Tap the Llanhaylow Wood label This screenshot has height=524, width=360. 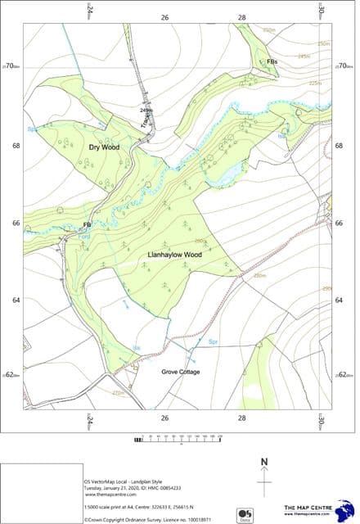pyautogui.click(x=174, y=255)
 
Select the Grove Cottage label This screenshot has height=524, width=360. pyautogui.click(x=180, y=372)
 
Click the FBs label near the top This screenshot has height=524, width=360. pyautogui.click(x=272, y=61)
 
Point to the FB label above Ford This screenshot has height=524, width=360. pyautogui.click(x=87, y=224)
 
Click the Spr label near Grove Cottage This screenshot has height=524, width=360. pyautogui.click(x=213, y=341)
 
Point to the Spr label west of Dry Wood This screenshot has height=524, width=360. pyautogui.click(x=32, y=129)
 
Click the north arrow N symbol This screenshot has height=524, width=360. pyautogui.click(x=264, y=463)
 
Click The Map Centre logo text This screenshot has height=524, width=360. pyautogui.click(x=308, y=509)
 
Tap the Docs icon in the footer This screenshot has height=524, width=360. pyautogui.click(x=244, y=514)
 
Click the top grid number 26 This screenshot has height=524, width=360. pyautogui.click(x=164, y=17)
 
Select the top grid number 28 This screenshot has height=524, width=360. pyautogui.click(x=241, y=17)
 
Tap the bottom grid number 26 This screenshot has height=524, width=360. pyautogui.click(x=164, y=418)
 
